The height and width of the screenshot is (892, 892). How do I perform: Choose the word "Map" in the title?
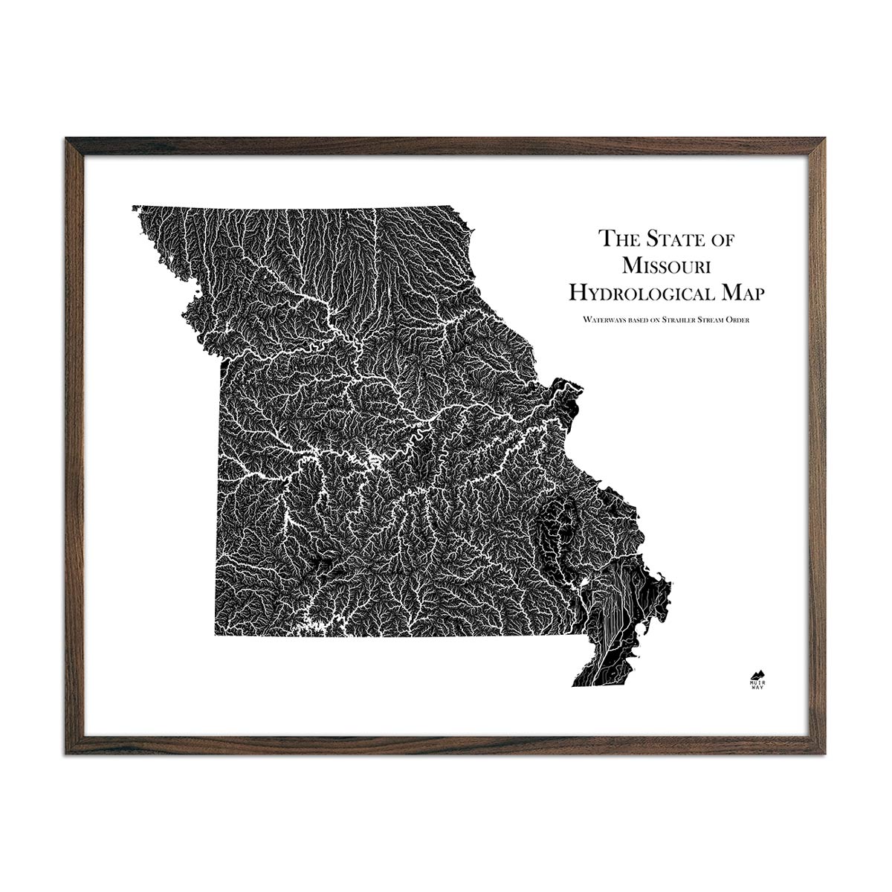pyautogui.click(x=739, y=292)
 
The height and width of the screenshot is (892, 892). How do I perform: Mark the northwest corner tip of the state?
pyautogui.click(x=135, y=207)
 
